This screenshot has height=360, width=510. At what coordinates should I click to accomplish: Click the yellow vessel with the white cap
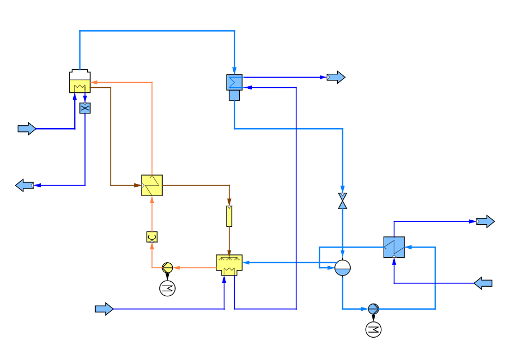tap(80, 82)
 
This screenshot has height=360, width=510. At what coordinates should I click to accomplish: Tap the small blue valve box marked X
tap(85, 108)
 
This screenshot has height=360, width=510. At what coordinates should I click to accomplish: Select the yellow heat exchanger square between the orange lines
tap(152, 185)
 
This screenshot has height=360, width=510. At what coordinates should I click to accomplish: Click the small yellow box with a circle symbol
tap(152, 237)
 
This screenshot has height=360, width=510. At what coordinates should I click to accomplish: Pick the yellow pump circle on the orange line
tap(167, 268)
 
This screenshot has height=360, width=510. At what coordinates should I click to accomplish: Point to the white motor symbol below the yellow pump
tap(167, 288)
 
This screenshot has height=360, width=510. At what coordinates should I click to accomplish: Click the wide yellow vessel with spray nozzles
tap(229, 264)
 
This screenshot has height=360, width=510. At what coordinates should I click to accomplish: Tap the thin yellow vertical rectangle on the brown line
tap(229, 216)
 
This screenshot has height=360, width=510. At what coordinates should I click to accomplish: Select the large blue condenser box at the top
tap(234, 82)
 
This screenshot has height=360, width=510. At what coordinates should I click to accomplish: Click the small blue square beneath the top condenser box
tap(234, 96)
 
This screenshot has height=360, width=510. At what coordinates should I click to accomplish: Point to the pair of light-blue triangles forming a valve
tap(342, 201)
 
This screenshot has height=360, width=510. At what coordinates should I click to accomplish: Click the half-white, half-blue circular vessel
tap(342, 268)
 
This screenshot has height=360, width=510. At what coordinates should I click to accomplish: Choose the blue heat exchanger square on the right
tap(394, 247)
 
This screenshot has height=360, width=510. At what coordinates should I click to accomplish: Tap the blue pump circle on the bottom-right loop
tap(373, 309)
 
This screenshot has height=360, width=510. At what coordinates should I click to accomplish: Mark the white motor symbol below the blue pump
tap(373, 330)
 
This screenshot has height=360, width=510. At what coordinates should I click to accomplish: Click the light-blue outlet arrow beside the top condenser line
tap(336, 77)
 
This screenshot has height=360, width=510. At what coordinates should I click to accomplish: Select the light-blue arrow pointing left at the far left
tap(25, 185)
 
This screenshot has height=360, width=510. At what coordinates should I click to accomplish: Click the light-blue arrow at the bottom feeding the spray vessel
tap(104, 309)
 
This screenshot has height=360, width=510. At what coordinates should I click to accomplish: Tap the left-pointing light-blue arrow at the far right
tap(483, 283)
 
